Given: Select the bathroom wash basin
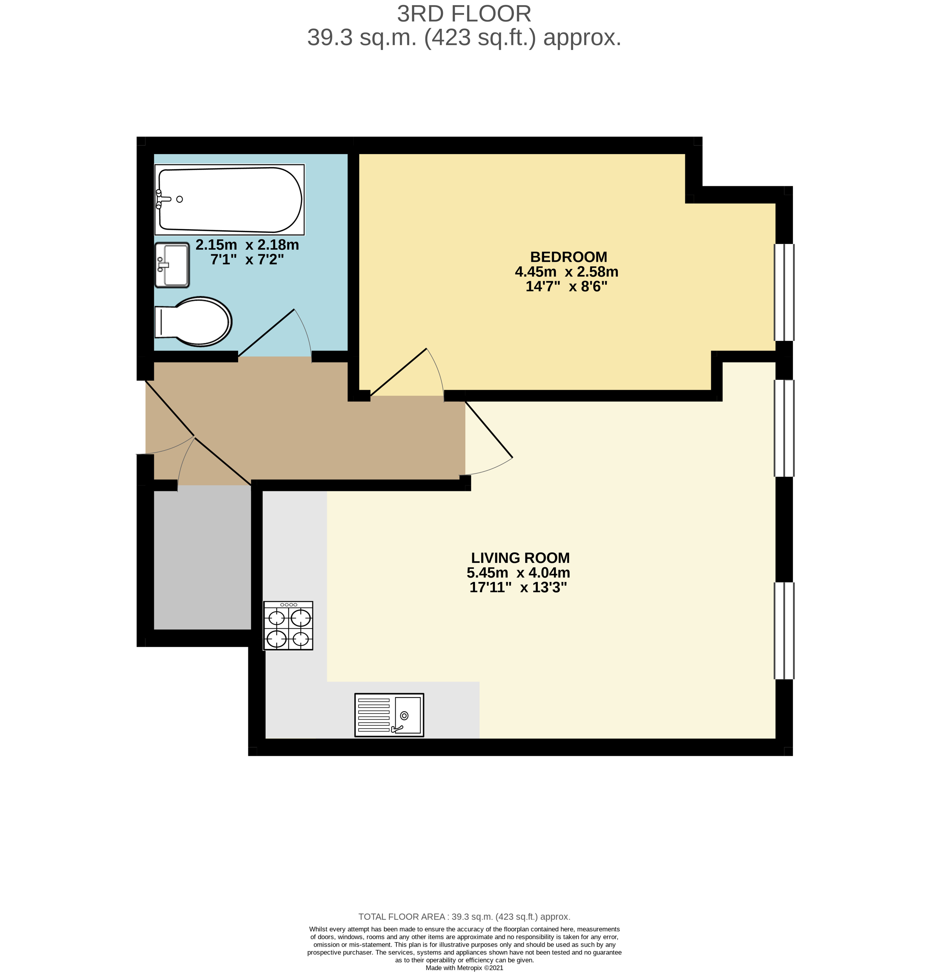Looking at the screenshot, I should pyautogui.click(x=172, y=265).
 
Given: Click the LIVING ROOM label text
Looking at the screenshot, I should pyautogui.click(x=520, y=558).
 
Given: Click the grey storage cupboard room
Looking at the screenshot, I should pyautogui.click(x=202, y=557).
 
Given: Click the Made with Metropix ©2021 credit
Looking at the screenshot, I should pyautogui.click(x=464, y=968).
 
